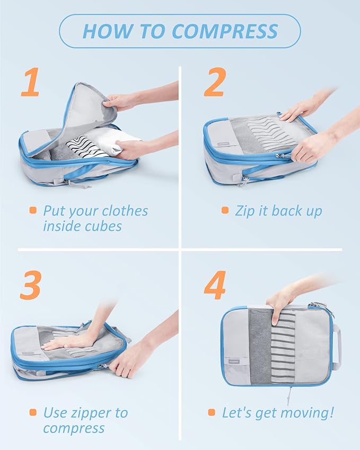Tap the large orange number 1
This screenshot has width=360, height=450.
pos(30,84)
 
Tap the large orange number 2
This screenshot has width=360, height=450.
pos(214,84)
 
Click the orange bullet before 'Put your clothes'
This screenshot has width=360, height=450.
pos(33,211)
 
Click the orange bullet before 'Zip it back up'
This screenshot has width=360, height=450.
pos(225,211)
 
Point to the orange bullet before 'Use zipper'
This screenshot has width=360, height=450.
pos(33,412)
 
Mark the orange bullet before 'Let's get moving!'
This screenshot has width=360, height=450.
pos(212,412)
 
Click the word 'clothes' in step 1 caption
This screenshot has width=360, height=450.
pos(124,211)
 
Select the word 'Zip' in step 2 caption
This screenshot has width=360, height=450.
pos(245,211)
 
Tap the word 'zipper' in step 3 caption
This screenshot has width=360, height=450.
pos(93,412)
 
